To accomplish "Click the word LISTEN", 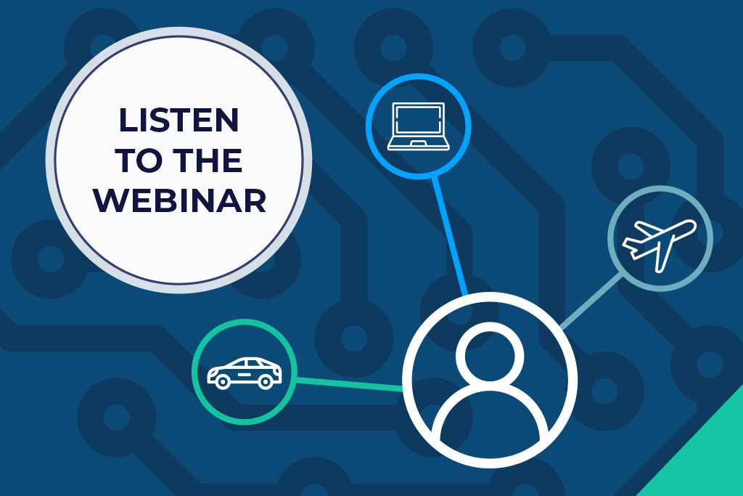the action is click(x=178, y=120).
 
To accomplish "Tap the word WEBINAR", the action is click(x=180, y=200).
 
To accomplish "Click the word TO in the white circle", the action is click(x=139, y=160).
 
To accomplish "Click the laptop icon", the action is click(x=418, y=126).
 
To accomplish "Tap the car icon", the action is click(x=244, y=373).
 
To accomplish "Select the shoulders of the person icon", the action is click(x=490, y=412).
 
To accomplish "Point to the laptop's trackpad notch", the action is click(x=418, y=143).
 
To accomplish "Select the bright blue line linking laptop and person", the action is click(x=449, y=235).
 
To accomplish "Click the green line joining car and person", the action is click(x=350, y=384).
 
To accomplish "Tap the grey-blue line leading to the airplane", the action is click(x=591, y=300).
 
